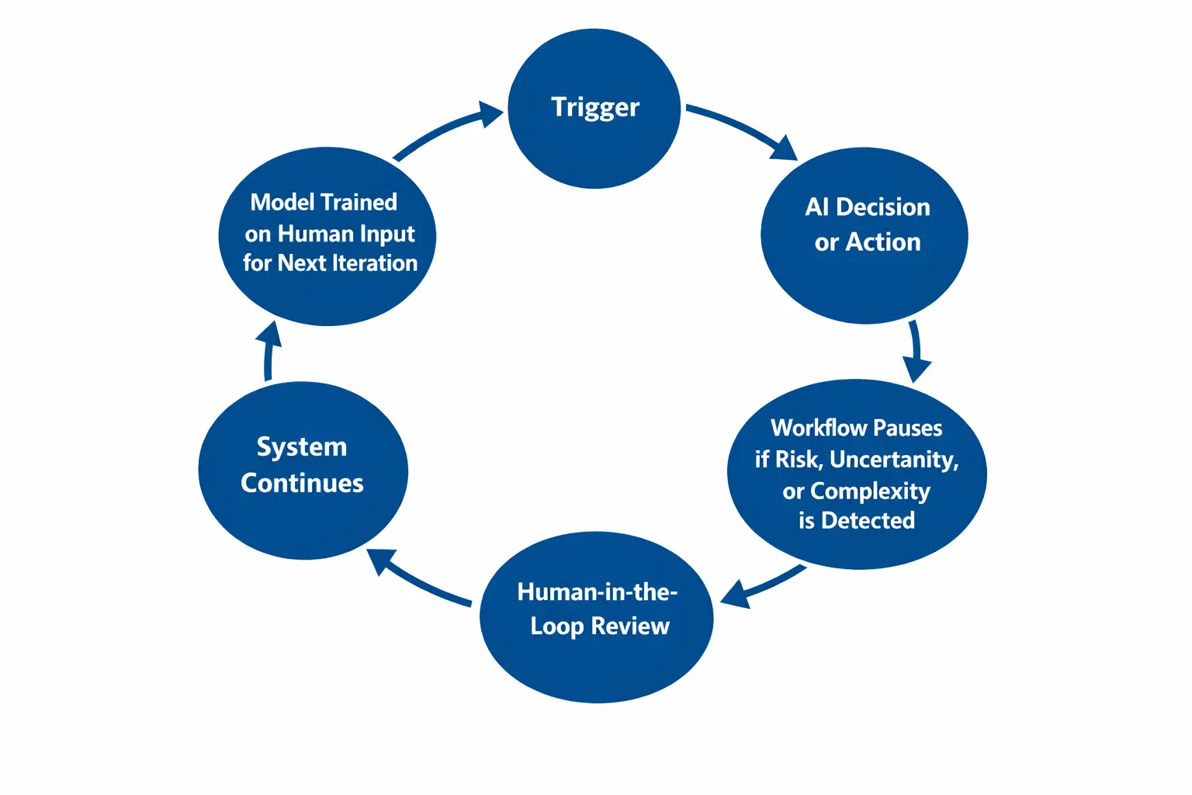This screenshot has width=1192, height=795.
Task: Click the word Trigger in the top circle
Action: [595, 107]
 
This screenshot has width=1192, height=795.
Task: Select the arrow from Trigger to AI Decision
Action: [741, 129]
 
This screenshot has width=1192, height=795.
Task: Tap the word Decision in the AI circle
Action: [883, 207]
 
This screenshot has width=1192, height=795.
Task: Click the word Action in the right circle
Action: [883, 242]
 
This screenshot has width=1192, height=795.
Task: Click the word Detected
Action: [868, 520]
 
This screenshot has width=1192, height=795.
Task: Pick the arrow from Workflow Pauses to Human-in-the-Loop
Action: [764, 587]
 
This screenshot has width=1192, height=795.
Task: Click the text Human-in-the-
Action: [597, 592]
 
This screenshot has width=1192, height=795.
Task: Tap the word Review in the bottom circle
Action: [629, 626]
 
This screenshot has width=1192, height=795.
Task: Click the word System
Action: [302, 447]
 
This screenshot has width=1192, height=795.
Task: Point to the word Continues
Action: [302, 483]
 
